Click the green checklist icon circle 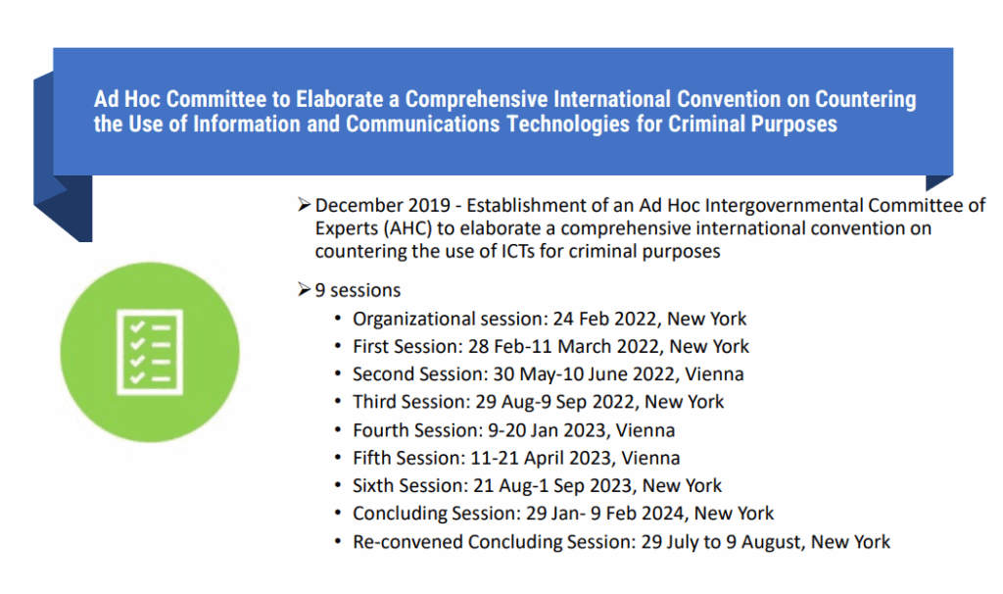(150, 352)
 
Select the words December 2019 (383, 206)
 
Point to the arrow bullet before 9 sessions (304, 290)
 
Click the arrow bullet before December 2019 (304, 205)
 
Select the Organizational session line (549, 319)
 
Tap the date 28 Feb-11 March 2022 (563, 346)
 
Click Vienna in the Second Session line (714, 373)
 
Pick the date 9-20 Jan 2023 (547, 430)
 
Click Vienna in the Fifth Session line (650, 459)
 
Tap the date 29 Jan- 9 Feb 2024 (605, 514)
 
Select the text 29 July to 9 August (721, 542)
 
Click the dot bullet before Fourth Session (338, 430)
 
